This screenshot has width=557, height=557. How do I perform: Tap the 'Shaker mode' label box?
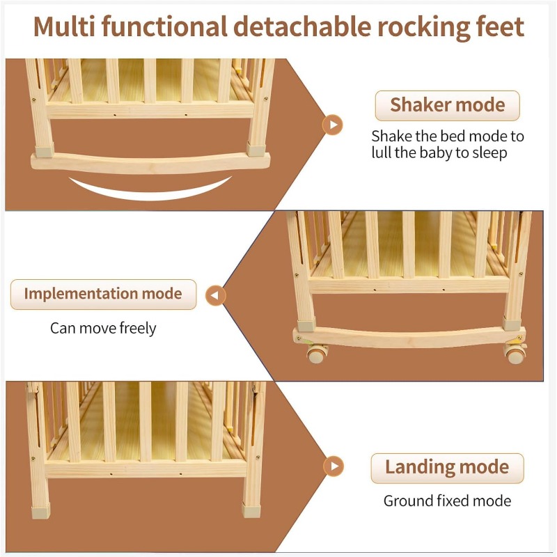447,105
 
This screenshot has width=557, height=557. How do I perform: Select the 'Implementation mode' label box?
103,294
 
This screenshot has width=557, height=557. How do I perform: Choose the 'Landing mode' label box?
446,467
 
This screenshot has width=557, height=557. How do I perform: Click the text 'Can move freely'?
103,327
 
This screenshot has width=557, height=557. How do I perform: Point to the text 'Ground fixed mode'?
447,501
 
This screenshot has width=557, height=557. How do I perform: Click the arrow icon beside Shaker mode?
334,125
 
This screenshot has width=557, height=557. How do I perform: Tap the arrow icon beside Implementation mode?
216,296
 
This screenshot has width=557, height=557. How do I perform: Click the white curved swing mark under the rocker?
150,189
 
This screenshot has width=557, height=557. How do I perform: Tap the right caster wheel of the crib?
515,356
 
